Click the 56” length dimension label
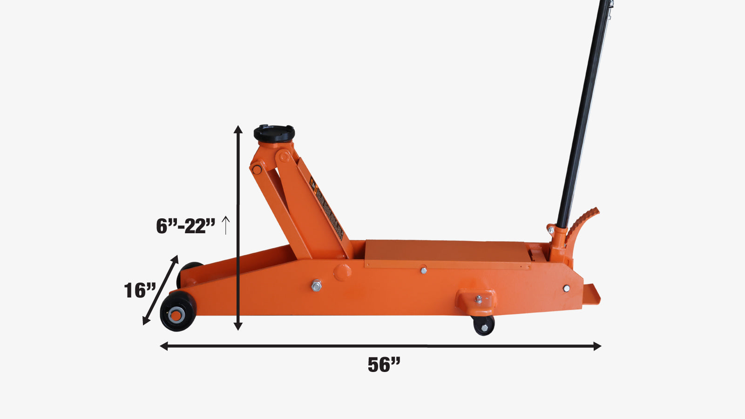(x=384, y=365)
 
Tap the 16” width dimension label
(x=139, y=291)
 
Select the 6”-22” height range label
(x=185, y=226)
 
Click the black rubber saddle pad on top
(x=274, y=134)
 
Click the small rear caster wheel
(x=484, y=325)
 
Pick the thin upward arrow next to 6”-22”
(x=226, y=225)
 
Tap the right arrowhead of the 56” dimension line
(x=597, y=346)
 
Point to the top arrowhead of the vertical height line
(x=238, y=129)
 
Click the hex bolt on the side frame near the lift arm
(x=316, y=285)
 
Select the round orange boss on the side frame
(x=342, y=272)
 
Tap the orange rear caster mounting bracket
(x=475, y=300)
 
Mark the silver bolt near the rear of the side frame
(x=566, y=289)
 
